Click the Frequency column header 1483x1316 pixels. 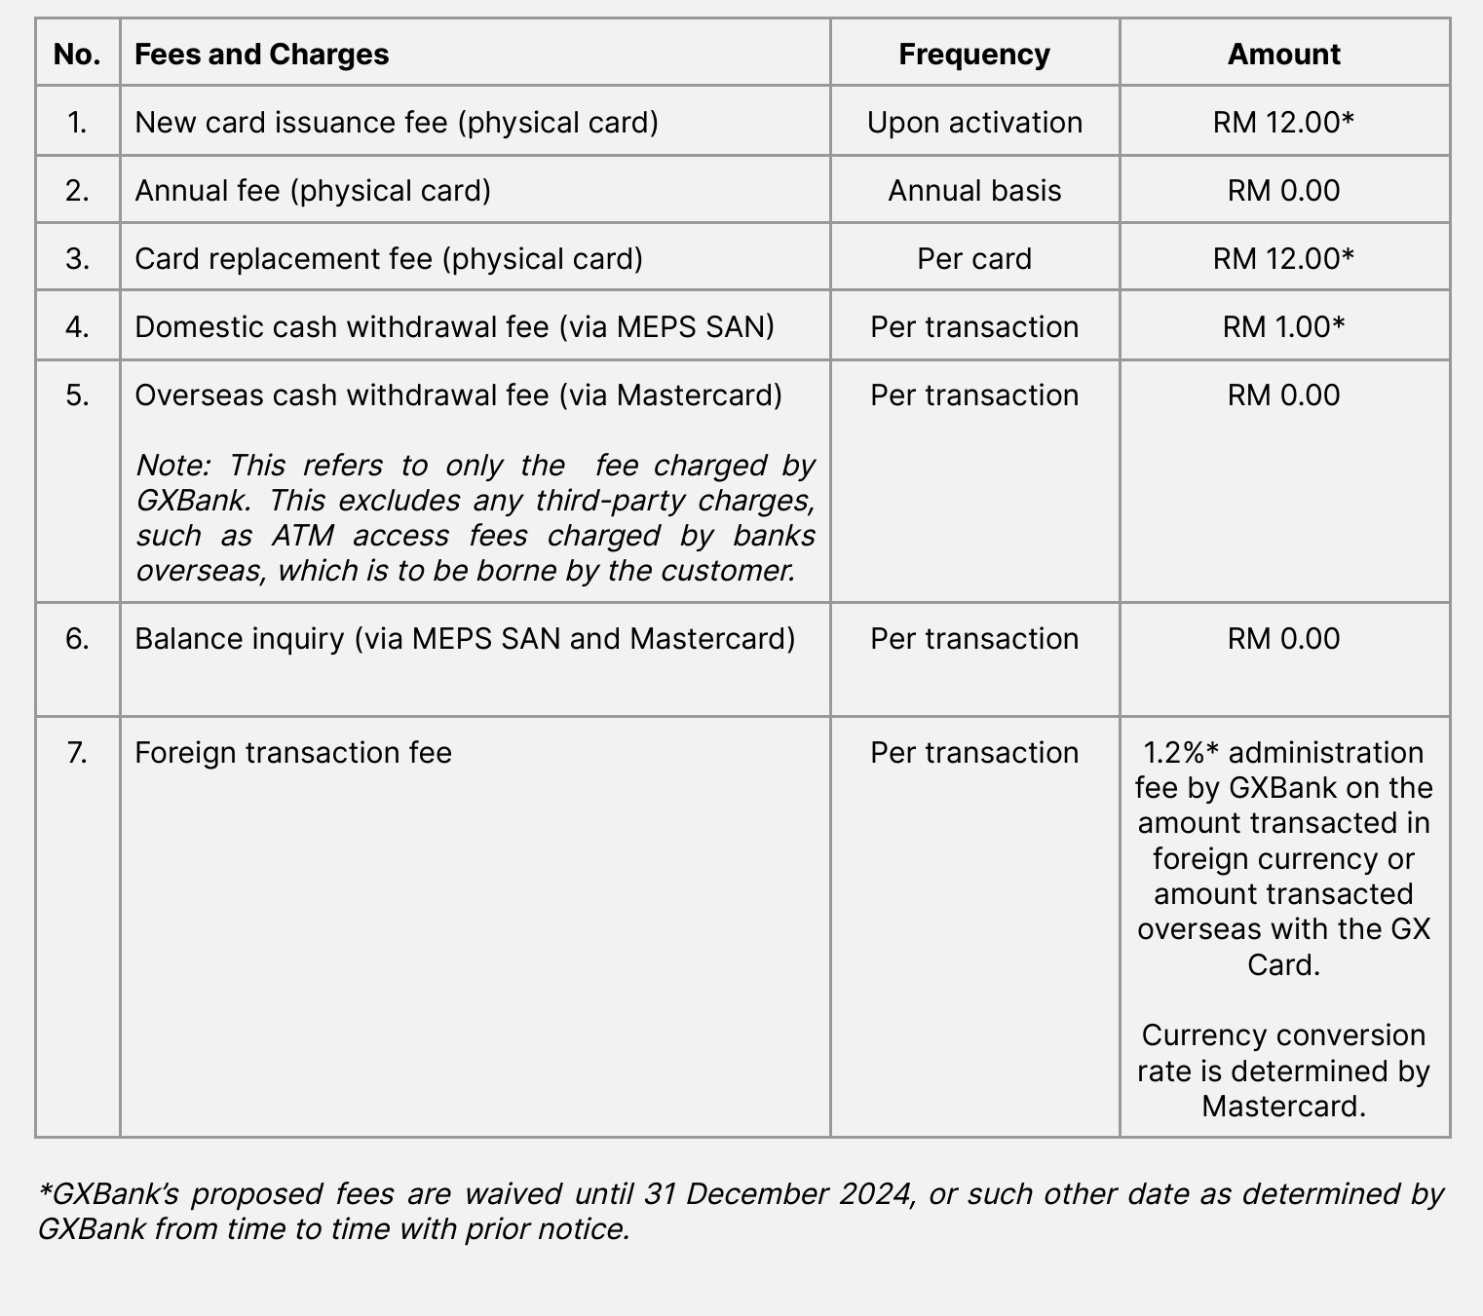click(973, 55)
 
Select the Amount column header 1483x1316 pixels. click(1283, 55)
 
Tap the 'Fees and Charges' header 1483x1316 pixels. click(261, 55)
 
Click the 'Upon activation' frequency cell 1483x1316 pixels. click(974, 123)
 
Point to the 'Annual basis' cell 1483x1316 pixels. click(974, 191)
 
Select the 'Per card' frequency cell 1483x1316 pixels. click(974, 259)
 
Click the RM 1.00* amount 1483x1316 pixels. click(1283, 327)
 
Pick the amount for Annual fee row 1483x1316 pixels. click(1283, 191)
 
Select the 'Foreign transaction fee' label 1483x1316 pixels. click(292, 753)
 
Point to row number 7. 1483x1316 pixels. click(77, 753)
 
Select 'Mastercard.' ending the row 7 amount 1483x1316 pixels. click(1283, 1107)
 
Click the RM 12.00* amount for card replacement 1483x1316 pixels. click(1283, 259)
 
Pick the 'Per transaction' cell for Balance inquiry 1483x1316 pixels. click(974, 639)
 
